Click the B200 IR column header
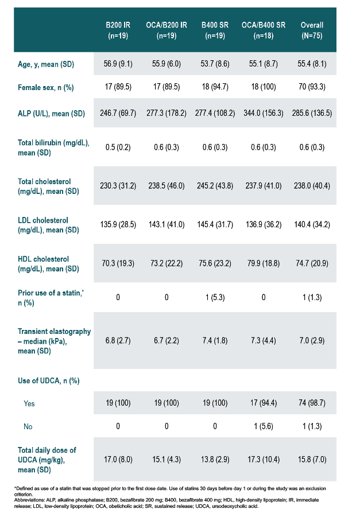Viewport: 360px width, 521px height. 118,30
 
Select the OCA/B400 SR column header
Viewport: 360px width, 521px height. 264,30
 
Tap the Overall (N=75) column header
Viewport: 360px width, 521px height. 312,30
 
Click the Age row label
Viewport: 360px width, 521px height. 46,64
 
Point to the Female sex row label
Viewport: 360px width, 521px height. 46,87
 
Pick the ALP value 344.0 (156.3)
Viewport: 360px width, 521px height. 264,113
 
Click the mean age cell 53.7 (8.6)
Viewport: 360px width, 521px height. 215,64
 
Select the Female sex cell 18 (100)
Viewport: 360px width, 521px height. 264,87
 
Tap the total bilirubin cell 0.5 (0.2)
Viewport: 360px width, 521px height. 118,147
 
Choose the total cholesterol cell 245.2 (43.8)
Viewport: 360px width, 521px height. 215,185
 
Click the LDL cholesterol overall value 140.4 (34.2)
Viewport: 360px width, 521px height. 312,224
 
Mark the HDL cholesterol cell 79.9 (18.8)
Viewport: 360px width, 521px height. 264,263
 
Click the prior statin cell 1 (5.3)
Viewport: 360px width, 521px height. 215,297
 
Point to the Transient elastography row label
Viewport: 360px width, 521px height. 54,341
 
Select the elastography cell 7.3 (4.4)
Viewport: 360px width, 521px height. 264,340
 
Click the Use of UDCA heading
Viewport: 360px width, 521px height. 49,381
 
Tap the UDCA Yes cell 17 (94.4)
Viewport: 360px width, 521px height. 264,403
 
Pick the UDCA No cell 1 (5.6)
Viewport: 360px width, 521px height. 264,426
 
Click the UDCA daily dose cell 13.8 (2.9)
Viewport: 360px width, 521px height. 215,459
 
